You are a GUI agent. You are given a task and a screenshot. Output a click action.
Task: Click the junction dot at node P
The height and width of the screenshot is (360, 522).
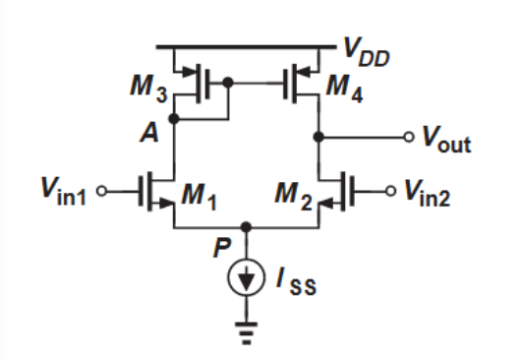pyautogui.click(x=247, y=224)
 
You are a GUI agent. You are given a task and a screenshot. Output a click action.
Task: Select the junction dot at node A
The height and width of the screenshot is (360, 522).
pyautogui.click(x=174, y=117)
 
